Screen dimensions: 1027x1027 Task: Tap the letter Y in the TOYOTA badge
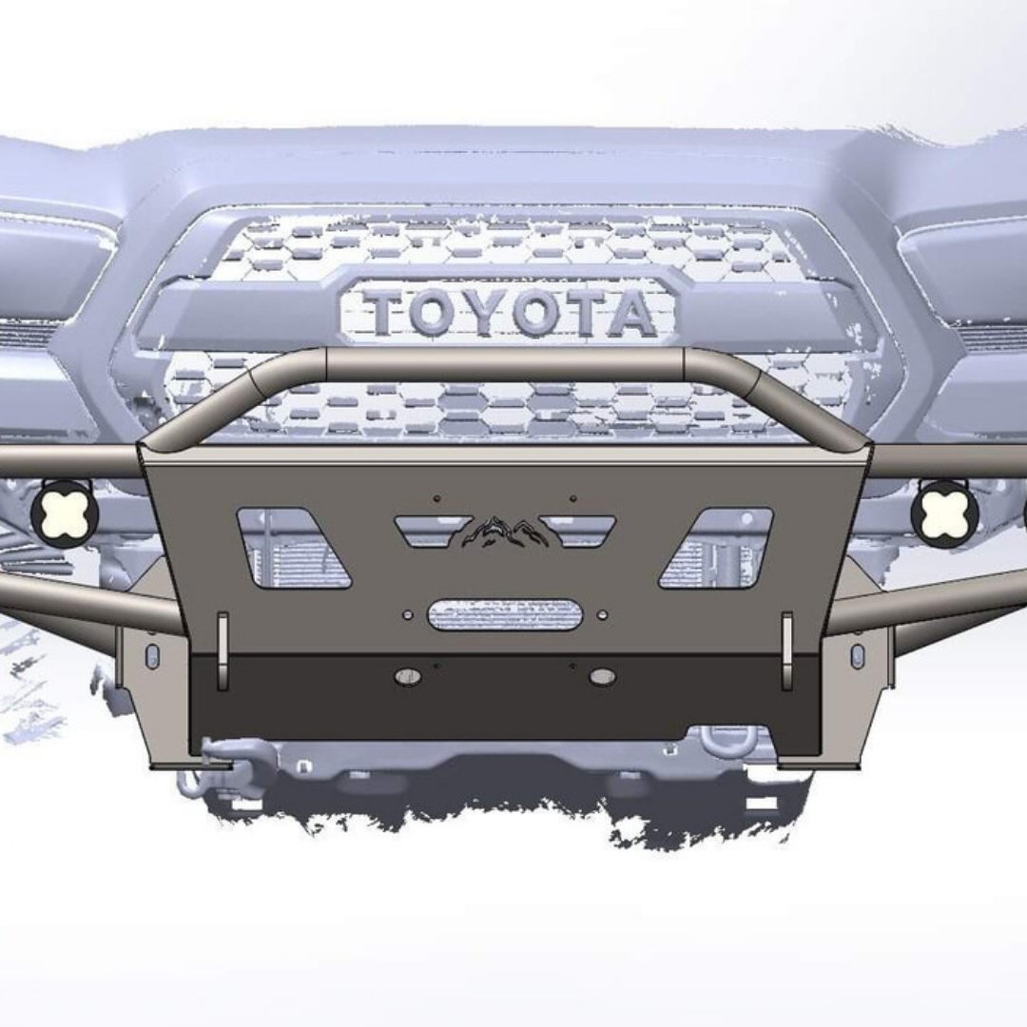pyautogui.click(x=483, y=314)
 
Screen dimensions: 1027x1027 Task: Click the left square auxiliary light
pyautogui.click(x=65, y=513)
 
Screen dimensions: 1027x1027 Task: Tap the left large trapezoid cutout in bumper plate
pyautogui.click(x=290, y=548)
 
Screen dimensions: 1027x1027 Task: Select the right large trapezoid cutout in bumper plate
pyautogui.click(x=719, y=548)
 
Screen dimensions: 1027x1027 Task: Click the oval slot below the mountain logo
pyautogui.click(x=505, y=614)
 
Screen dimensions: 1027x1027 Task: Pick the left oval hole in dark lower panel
pyautogui.click(x=408, y=676)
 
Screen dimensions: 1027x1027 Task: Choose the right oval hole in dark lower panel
pyautogui.click(x=601, y=676)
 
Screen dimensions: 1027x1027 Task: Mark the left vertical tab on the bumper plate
pyautogui.click(x=223, y=650)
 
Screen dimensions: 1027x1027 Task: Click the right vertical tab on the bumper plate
pyautogui.click(x=787, y=650)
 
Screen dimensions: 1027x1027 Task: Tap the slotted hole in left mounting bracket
pyautogui.click(x=152, y=656)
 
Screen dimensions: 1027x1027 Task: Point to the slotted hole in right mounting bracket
pyautogui.click(x=857, y=656)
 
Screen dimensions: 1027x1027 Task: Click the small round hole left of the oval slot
pyautogui.click(x=408, y=615)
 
